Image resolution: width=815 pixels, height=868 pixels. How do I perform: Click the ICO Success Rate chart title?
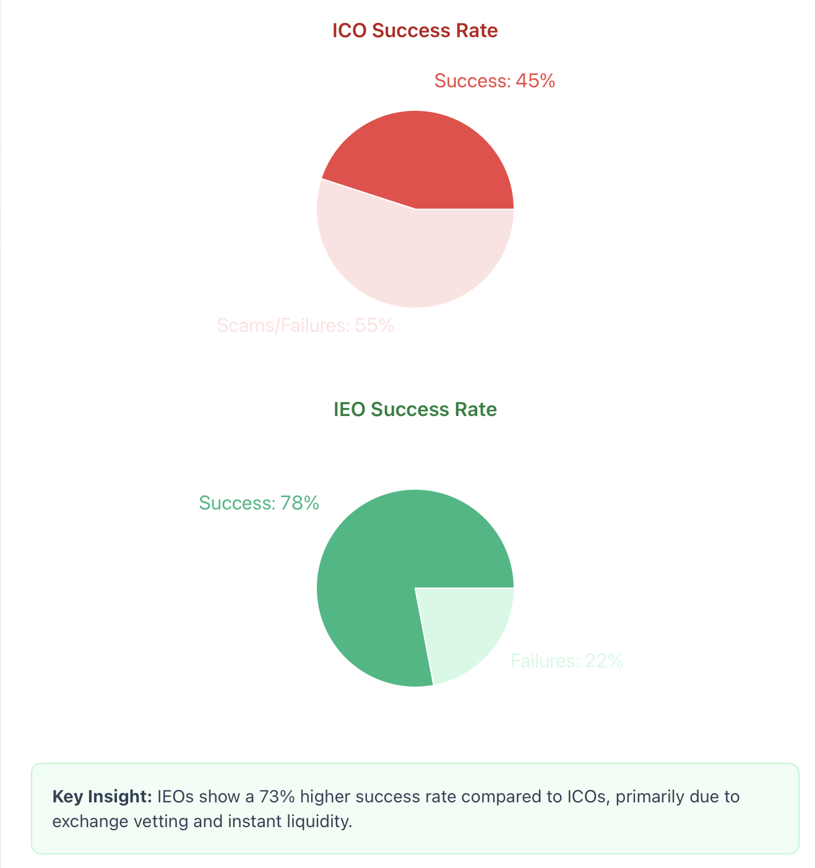(x=415, y=31)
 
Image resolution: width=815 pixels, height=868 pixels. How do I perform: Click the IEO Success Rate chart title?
(x=415, y=410)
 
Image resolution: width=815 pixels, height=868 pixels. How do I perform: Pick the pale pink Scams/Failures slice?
(x=408, y=260)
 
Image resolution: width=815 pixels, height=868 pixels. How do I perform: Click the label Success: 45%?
(x=494, y=81)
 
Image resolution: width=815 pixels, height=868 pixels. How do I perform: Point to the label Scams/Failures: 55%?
(x=305, y=326)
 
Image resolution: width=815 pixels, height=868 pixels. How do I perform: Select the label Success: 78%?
(x=259, y=503)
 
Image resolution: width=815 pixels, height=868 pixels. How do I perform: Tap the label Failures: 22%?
(x=566, y=661)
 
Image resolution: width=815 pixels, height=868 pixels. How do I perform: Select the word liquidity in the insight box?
(x=321, y=822)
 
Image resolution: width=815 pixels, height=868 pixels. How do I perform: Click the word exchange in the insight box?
(x=87, y=822)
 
